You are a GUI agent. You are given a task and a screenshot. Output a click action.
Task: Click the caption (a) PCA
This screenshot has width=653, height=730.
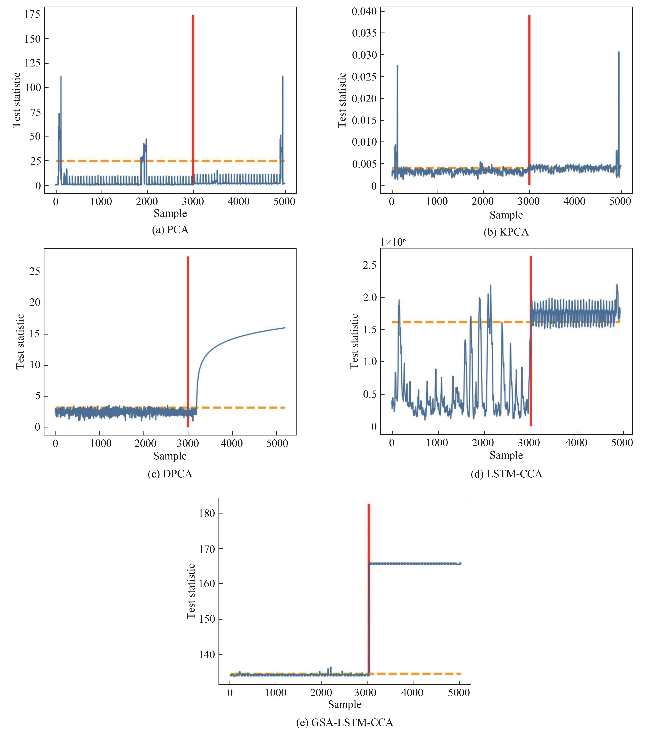point(170,230)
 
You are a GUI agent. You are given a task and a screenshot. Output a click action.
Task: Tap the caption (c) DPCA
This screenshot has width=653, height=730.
point(170,474)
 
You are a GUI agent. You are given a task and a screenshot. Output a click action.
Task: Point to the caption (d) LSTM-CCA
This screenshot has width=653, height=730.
point(506,474)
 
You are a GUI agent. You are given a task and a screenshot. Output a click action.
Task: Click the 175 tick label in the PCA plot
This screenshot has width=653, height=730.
point(32,14)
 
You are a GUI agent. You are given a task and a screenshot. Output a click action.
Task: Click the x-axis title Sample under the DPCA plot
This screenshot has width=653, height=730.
point(170,456)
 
